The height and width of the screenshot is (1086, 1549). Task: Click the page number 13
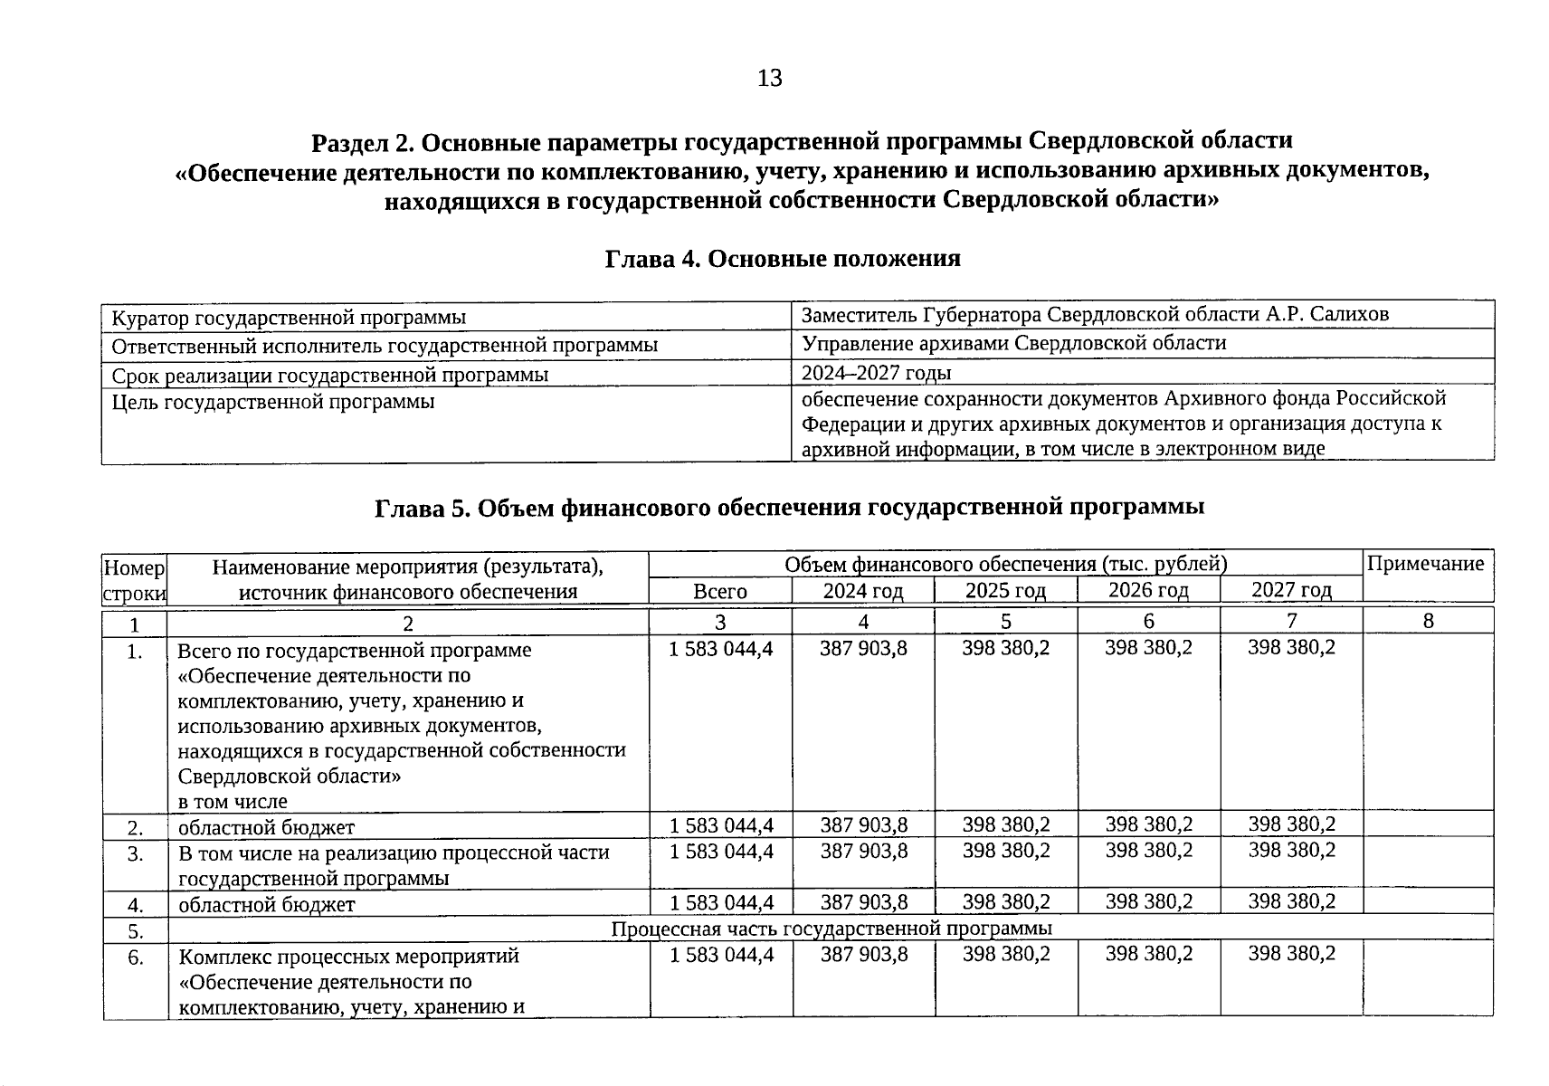coord(769,79)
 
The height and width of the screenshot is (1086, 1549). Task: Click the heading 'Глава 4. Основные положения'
coord(782,259)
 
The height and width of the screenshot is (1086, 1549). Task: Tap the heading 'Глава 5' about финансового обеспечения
coord(789,507)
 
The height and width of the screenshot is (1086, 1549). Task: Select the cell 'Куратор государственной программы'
coord(289,318)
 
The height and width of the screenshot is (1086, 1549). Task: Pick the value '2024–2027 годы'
coord(876,373)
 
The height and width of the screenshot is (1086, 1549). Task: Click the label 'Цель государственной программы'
coord(272,401)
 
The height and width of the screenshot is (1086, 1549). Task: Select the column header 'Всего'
coord(720,591)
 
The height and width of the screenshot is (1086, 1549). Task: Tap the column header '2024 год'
coord(863,591)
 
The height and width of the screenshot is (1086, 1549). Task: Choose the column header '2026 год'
coord(1148,590)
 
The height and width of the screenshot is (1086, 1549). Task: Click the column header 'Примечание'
coord(1426,564)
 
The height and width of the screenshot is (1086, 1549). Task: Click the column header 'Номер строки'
coord(135,579)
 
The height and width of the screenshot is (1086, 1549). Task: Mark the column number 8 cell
coord(1428,621)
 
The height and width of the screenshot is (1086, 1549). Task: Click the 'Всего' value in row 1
coord(721,648)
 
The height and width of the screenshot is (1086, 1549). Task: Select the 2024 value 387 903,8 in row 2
coord(863,824)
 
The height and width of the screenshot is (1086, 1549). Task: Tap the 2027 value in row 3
coord(1291,850)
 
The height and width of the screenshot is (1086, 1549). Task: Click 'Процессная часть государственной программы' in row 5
coord(831,929)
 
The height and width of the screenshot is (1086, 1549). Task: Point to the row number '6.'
coord(135,957)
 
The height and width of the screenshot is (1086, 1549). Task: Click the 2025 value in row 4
coord(1006,901)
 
